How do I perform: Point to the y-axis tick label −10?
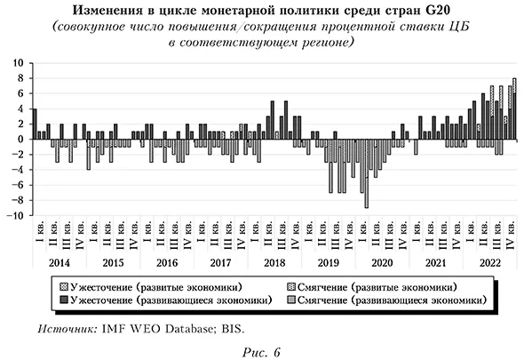click(16, 216)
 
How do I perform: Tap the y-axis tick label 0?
click(21, 140)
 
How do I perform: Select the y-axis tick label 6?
click(21, 94)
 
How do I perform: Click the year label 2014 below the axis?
click(60, 263)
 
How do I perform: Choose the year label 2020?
click(381, 263)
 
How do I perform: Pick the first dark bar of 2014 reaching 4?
click(35, 124)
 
